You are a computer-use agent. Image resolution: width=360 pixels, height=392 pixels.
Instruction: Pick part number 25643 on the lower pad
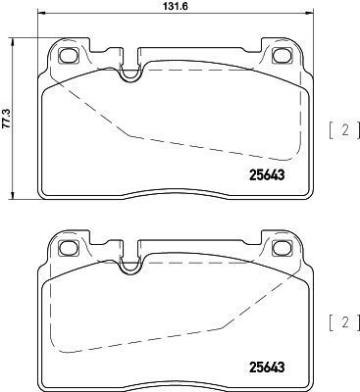click(260, 368)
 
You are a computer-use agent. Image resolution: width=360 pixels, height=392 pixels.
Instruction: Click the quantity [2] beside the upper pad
click(341, 128)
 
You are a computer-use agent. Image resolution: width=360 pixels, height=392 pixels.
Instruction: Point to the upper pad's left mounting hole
click(70, 56)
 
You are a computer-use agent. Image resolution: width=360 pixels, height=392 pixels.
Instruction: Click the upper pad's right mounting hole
click(284, 56)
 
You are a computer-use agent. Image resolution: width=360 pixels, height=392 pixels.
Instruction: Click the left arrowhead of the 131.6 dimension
click(41, 18)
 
